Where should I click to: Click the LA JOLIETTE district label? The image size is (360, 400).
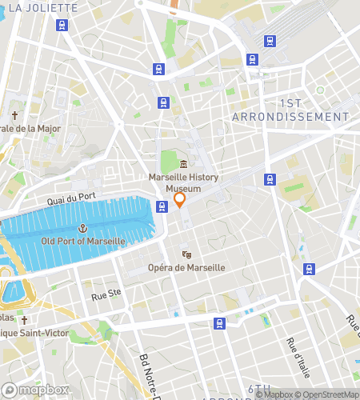(x=42, y=8)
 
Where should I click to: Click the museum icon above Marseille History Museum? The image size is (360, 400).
(x=184, y=164)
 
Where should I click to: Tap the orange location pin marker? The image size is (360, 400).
(x=180, y=199)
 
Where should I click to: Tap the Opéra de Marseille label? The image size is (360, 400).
(x=186, y=267)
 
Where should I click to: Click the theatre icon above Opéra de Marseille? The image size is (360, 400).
(x=186, y=255)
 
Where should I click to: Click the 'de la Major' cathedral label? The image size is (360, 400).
(x=29, y=128)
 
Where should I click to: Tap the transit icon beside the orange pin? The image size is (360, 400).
(x=162, y=206)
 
